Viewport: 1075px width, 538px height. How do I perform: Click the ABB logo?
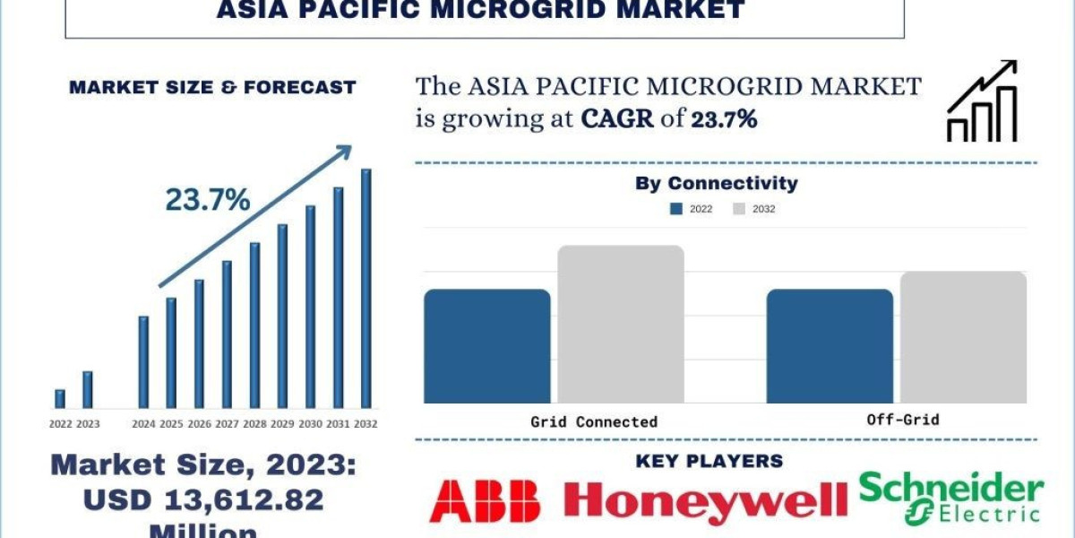(485, 500)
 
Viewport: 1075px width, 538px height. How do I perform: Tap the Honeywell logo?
(705, 500)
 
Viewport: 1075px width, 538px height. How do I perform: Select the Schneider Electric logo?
(950, 499)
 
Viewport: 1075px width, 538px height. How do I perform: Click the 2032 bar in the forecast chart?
(365, 288)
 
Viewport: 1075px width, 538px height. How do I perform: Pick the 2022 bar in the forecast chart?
(60, 399)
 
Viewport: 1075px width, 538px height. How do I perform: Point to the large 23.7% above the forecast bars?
(208, 201)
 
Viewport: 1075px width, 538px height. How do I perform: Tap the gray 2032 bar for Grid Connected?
(621, 324)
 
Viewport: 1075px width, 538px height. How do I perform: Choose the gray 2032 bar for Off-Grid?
(963, 336)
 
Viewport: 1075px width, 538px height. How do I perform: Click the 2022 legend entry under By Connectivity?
(692, 209)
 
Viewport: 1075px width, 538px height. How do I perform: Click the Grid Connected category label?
(594, 421)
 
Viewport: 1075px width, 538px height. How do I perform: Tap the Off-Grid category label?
(903, 420)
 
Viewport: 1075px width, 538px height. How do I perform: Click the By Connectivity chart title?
(716, 184)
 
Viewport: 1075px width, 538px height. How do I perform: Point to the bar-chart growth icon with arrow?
(982, 101)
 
